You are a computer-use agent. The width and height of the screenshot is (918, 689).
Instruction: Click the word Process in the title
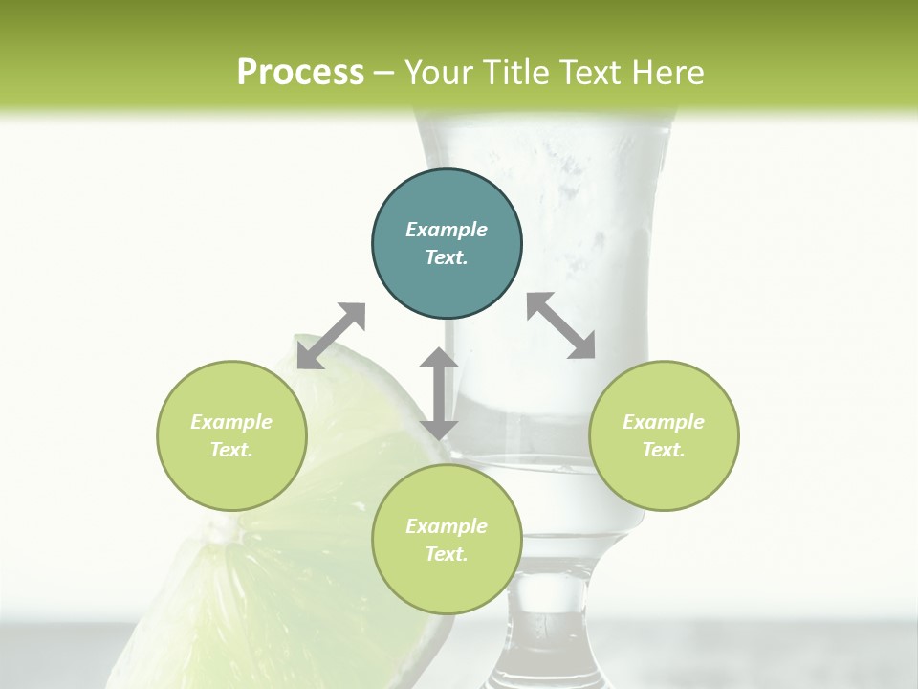pyautogui.click(x=300, y=73)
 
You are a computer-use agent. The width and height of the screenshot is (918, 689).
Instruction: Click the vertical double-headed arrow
pyautogui.click(x=439, y=393)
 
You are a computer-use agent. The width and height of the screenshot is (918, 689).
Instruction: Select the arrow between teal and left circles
pyautogui.click(x=331, y=336)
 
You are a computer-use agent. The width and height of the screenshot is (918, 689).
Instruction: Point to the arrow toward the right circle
pyautogui.click(x=561, y=325)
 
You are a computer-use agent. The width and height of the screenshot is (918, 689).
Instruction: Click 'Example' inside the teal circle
pyautogui.click(x=447, y=230)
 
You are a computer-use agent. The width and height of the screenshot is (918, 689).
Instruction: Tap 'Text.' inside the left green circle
pyautogui.click(x=231, y=450)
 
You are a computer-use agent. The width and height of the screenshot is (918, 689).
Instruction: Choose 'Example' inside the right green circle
pyautogui.click(x=664, y=422)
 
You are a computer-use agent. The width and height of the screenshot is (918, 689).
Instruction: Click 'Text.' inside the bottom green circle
pyautogui.click(x=447, y=554)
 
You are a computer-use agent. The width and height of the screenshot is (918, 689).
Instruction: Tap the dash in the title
pyautogui.click(x=384, y=73)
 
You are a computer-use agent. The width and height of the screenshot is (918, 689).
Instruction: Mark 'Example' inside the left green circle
pyautogui.click(x=231, y=422)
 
